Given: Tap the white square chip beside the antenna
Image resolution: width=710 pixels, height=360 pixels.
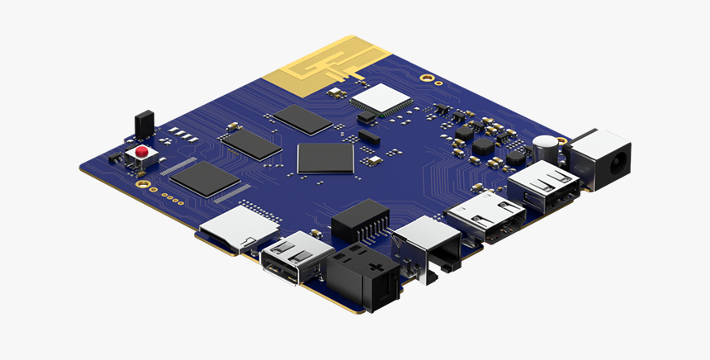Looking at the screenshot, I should (381, 98).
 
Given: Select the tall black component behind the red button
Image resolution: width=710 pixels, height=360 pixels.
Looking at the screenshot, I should (143, 123).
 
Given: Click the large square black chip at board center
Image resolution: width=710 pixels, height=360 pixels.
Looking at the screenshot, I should (325, 157).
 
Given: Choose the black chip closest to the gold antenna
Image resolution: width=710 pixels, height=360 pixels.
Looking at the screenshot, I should (303, 119).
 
